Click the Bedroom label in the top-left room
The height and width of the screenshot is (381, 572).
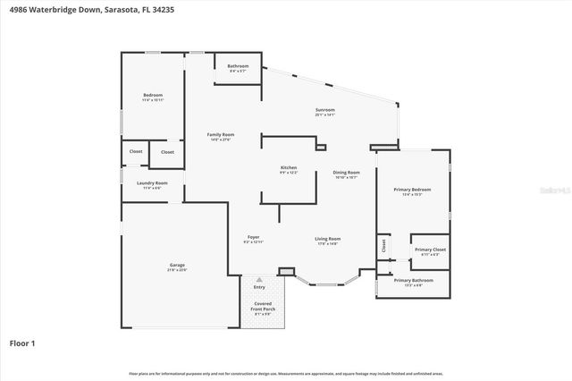153,95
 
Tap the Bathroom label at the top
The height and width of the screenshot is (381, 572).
238,66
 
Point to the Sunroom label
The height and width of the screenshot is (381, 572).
324,109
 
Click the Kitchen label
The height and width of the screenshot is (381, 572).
289,168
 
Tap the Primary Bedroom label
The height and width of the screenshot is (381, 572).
412,190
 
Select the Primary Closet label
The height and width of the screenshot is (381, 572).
430,250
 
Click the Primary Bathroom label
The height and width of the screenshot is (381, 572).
413,281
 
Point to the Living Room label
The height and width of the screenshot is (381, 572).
327,239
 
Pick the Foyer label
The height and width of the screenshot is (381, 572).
254,238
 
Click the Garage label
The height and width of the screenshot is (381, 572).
178,266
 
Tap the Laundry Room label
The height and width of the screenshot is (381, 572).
152,183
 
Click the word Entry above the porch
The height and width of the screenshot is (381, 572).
259,287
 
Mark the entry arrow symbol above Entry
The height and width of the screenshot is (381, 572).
259,280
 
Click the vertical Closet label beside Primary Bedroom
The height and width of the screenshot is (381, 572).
383,245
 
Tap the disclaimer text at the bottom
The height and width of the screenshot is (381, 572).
285,373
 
